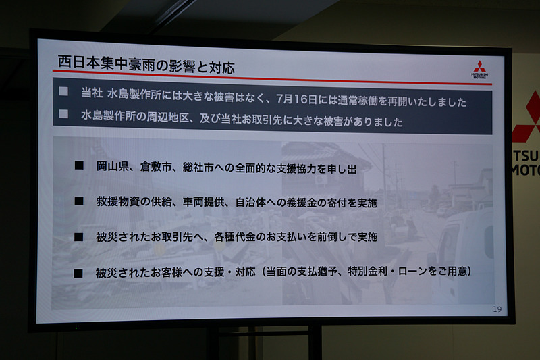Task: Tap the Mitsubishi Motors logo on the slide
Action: pos(479,70)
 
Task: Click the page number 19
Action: pos(497,309)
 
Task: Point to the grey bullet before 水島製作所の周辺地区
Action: pos(63,113)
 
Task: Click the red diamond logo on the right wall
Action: pos(531,118)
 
